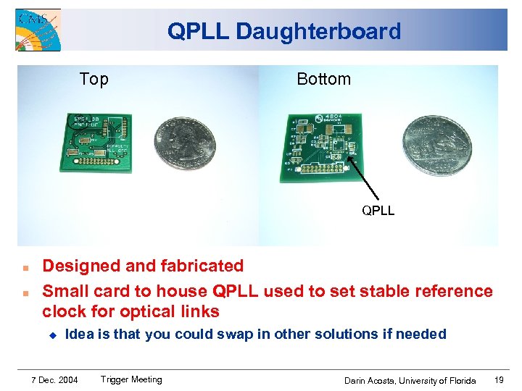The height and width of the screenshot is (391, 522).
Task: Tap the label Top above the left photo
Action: [x=94, y=80]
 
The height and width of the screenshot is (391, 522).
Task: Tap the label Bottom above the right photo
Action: [x=323, y=80]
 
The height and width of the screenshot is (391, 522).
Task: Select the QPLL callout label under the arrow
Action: [x=378, y=211]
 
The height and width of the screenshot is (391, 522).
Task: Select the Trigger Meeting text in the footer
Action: [x=131, y=379]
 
